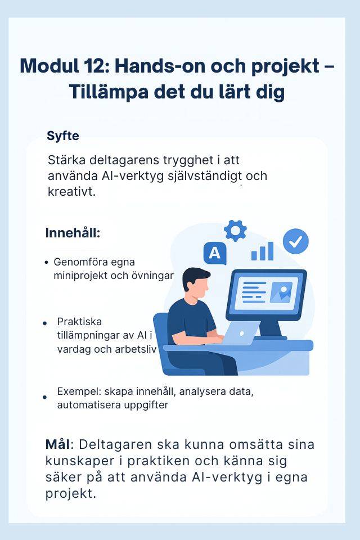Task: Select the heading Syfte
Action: click(x=62, y=136)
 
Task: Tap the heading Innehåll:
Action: click(x=73, y=233)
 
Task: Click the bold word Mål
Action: click(x=57, y=444)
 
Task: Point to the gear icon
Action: click(x=235, y=230)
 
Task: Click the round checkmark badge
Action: click(x=295, y=241)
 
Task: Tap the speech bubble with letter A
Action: click(x=215, y=253)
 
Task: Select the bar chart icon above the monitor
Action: click(x=263, y=251)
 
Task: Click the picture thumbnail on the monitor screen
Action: click(x=281, y=292)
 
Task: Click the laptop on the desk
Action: click(x=241, y=333)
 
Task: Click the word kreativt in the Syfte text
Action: click(x=71, y=191)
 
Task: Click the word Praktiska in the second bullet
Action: click(x=79, y=322)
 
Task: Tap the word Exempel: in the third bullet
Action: click(x=79, y=392)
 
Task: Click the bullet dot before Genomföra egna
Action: click(x=47, y=263)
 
